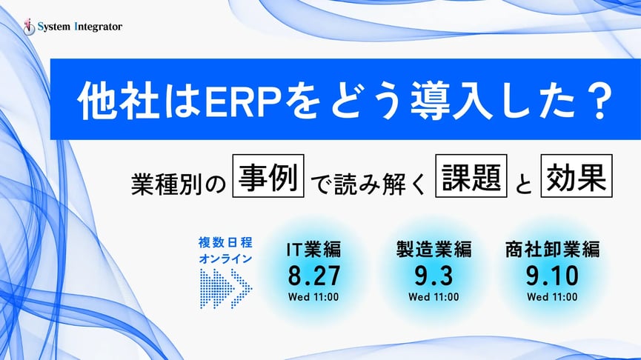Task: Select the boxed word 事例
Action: [x=269, y=179]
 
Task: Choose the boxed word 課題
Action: [x=469, y=179]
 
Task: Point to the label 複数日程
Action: [x=225, y=242]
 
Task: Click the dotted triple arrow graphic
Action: [x=226, y=286]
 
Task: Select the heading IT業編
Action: [x=314, y=250]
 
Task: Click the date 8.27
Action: [x=314, y=275]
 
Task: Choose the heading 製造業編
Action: [x=434, y=250]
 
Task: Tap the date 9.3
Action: [x=434, y=275]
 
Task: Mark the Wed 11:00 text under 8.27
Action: [x=314, y=297]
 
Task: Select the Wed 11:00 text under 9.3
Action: [x=434, y=297]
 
